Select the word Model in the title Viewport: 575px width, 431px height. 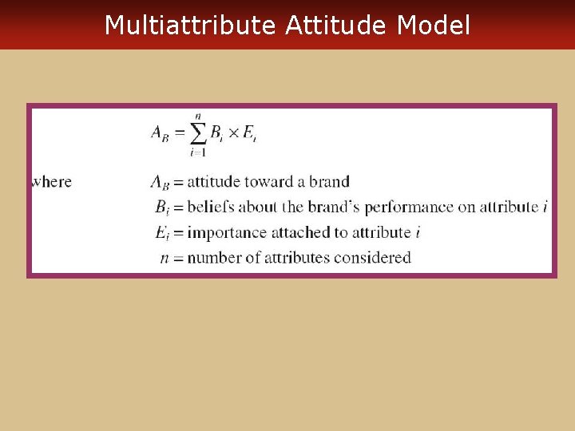click(x=434, y=26)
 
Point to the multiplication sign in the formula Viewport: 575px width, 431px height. click(x=233, y=133)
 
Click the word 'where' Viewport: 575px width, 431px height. click(x=51, y=182)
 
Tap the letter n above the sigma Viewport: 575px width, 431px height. click(x=197, y=117)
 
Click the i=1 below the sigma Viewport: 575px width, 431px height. click(x=197, y=153)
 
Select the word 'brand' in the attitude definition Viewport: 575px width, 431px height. click(x=328, y=182)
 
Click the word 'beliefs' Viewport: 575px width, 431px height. click(x=219, y=208)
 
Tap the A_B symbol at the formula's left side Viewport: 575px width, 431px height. click(x=161, y=134)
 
